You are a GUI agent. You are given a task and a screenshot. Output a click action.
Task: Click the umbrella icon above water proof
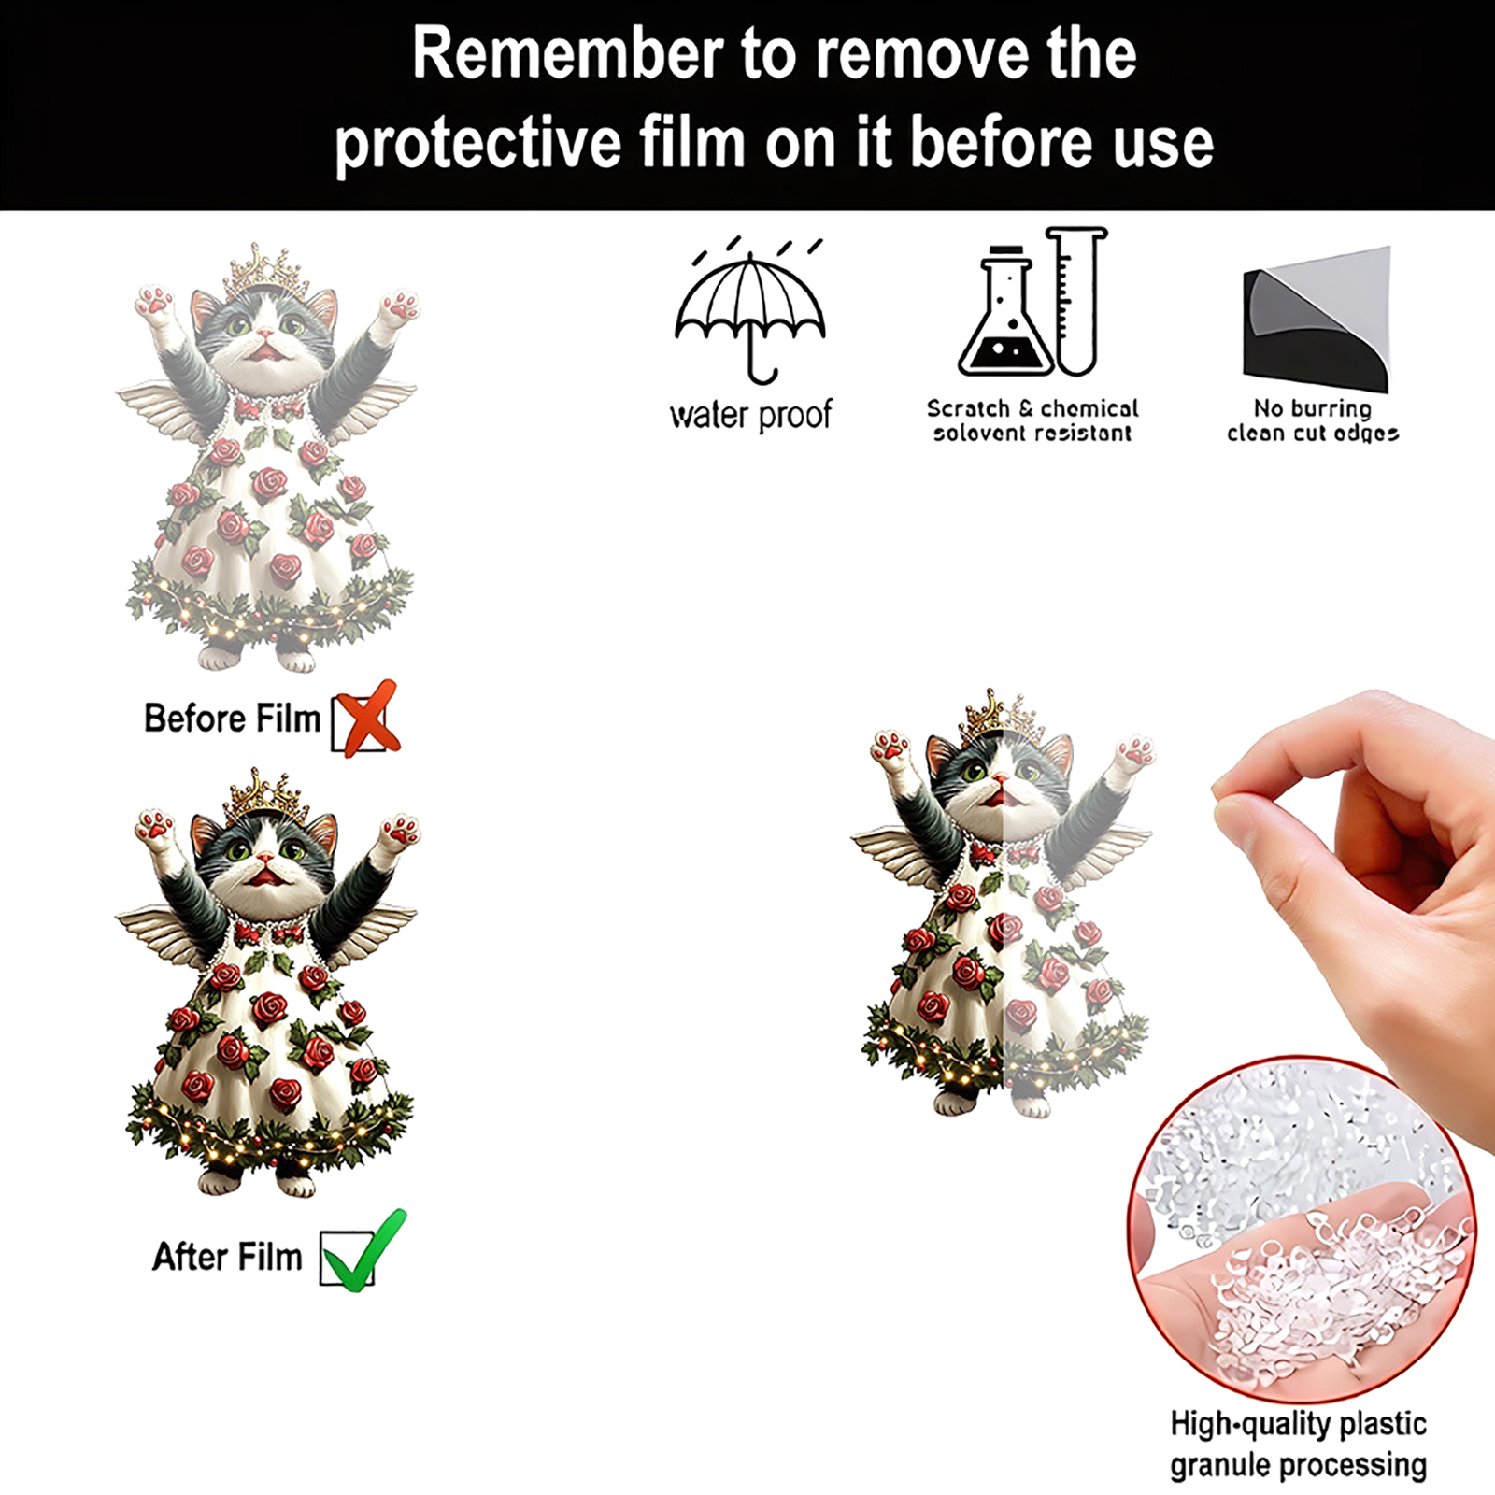pyautogui.click(x=750, y=313)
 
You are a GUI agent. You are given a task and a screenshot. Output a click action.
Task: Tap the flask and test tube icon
pyautogui.click(x=1032, y=301)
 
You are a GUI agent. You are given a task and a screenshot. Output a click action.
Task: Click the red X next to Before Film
pyautogui.click(x=368, y=718)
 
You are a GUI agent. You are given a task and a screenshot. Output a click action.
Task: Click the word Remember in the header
pyautogui.click(x=566, y=54)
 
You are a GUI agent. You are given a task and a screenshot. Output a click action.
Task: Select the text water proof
pyautogui.click(x=750, y=415)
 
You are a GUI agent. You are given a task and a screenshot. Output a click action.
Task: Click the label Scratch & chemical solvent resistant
pyautogui.click(x=1032, y=420)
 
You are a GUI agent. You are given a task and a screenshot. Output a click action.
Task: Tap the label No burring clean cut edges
pyautogui.click(x=1313, y=420)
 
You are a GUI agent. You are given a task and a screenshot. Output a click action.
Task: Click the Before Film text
pyautogui.click(x=232, y=719)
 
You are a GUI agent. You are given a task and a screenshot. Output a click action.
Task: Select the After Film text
pyautogui.click(x=227, y=1257)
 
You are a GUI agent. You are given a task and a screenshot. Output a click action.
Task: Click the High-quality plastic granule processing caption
pyautogui.click(x=1298, y=1445)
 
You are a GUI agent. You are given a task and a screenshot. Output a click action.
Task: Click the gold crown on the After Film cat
pyautogui.click(x=265, y=796)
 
